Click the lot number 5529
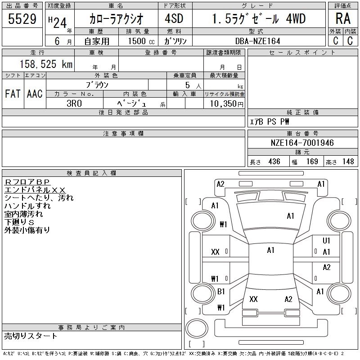[22, 19]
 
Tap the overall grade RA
[343, 18]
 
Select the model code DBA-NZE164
[258, 41]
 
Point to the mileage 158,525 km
[46, 64]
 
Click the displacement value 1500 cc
[141, 41]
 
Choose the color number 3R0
[74, 103]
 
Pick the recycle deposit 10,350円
[226, 104]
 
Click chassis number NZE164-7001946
[302, 143]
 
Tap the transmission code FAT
[13, 94]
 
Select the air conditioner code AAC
[35, 94]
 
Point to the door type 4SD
[174, 18]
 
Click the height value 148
[348, 162]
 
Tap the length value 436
[274, 162]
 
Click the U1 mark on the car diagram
[326, 240]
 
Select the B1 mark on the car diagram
[221, 291]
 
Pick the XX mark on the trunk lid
[253, 299]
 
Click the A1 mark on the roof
[271, 250]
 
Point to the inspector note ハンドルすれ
[27, 206]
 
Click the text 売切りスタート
[31, 336]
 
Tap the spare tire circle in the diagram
[197, 328]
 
